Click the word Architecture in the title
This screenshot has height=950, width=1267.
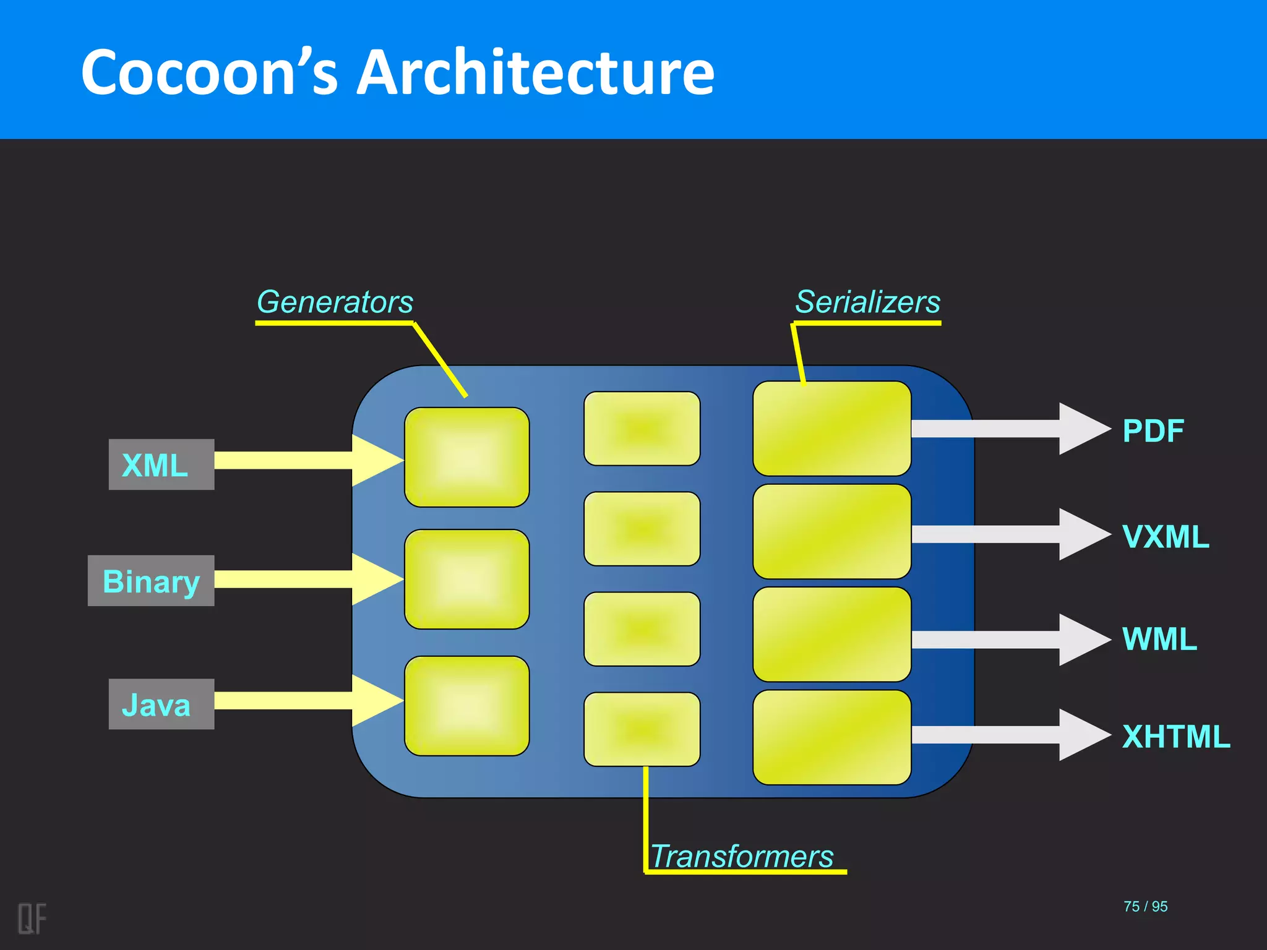tap(536, 72)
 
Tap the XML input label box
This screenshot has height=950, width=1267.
tap(161, 464)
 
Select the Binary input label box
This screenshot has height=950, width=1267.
tap(151, 581)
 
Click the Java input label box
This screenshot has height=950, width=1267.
tap(161, 704)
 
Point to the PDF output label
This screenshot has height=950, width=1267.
tap(1153, 430)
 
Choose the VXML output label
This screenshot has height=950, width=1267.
tap(1166, 536)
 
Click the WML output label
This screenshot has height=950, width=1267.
tap(1159, 639)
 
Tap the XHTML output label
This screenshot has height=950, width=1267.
tap(1176, 736)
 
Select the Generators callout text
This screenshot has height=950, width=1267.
tap(335, 302)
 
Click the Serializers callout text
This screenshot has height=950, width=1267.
tap(867, 302)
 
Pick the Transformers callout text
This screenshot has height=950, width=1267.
tap(742, 856)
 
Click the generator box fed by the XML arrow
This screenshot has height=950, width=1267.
tap(466, 457)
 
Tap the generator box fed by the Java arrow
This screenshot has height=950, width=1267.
tap(466, 706)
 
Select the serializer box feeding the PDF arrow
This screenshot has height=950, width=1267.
tap(831, 428)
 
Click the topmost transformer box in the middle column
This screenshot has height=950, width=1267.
tap(642, 428)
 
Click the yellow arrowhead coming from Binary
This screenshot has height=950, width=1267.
tap(374, 579)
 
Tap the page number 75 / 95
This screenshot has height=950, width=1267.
tap(1145, 906)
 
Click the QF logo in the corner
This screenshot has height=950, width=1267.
tap(32, 918)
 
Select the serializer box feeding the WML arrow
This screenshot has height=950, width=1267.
tap(831, 634)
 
